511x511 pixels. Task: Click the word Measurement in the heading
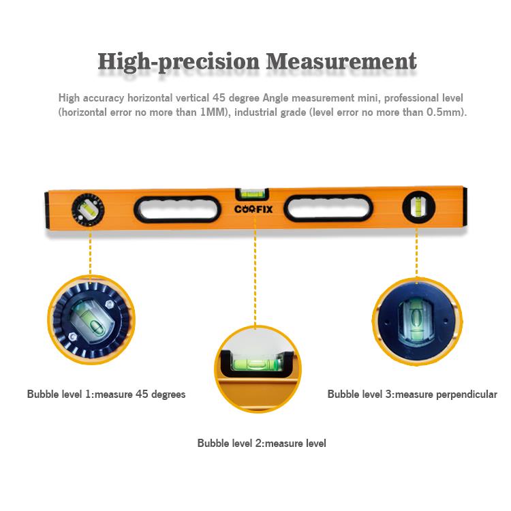coord(341,61)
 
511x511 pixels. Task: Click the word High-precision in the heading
coord(179,62)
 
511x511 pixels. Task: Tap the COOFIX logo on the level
coord(253,209)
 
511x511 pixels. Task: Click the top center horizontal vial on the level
coord(252,195)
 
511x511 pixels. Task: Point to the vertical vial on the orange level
coord(418,207)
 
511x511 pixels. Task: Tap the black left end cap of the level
coord(46,211)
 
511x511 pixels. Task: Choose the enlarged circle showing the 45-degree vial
coord(91,320)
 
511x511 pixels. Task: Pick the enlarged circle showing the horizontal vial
coord(258,369)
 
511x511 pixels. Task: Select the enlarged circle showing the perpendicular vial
coord(417,322)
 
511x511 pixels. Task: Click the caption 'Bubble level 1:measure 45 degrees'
coord(106,394)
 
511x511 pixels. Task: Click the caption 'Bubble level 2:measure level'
coord(262,444)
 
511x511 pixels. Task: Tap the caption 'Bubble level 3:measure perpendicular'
coord(412,394)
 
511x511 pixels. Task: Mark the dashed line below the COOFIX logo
coord(255,271)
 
